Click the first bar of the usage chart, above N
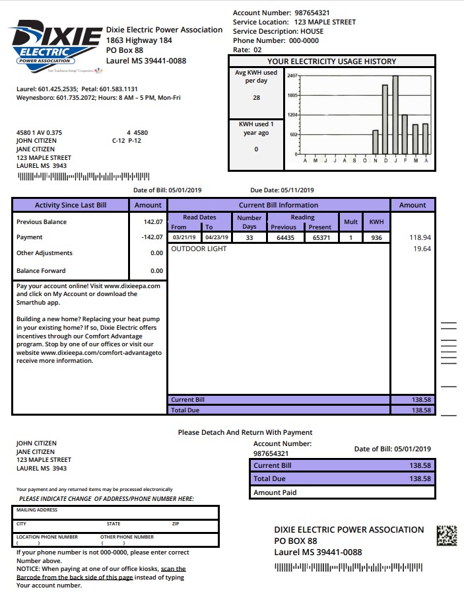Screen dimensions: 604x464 (376, 141)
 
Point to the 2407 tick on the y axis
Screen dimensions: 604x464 (292, 76)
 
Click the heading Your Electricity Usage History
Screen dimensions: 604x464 (331, 61)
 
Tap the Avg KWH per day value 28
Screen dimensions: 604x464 (256, 98)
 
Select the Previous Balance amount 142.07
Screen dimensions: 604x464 (154, 222)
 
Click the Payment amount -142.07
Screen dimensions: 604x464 (152, 237)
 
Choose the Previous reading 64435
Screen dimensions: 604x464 (285, 237)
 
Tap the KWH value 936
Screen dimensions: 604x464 (376, 237)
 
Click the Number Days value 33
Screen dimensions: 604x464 (249, 237)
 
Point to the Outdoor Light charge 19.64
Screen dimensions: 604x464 (421, 249)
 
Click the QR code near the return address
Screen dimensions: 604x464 (447, 535)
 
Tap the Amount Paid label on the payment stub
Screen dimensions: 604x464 (275, 492)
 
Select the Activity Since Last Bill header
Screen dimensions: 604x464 (71, 205)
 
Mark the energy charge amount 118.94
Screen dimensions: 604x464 (420, 237)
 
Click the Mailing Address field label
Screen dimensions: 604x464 (37, 510)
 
